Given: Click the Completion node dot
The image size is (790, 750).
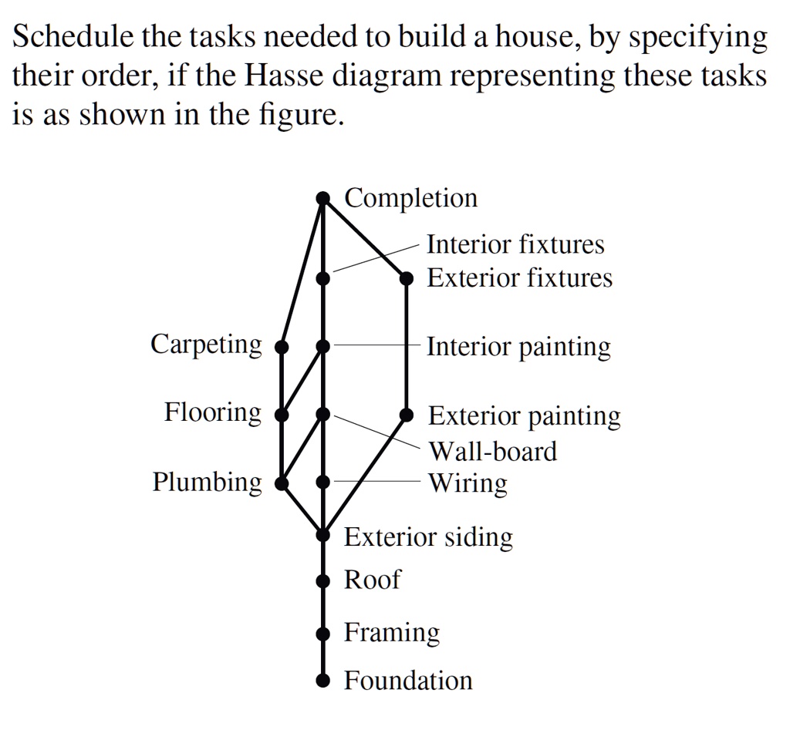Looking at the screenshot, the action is (323, 198).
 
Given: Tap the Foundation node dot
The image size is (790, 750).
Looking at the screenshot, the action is (323, 681).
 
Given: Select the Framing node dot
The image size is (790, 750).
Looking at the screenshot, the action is (323, 633).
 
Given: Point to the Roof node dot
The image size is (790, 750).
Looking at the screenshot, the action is (323, 581).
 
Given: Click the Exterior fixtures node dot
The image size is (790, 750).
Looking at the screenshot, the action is (407, 278).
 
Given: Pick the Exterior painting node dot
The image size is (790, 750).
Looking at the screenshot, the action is (407, 415).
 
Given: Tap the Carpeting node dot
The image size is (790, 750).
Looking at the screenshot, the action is (282, 346).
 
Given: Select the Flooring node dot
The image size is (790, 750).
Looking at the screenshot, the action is (282, 415).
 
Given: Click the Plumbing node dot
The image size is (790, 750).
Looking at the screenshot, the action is (282, 483).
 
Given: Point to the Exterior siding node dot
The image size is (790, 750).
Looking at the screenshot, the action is (323, 535).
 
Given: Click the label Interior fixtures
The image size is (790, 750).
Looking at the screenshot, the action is (515, 244).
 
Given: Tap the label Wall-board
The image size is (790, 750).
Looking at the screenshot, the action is (493, 451).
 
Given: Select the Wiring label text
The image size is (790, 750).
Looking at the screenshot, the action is (468, 484).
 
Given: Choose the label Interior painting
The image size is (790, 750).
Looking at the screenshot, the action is (518, 348).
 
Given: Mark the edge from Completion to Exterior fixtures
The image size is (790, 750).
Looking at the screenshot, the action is (365, 238).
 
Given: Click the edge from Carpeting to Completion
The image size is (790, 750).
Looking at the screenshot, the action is (302, 272).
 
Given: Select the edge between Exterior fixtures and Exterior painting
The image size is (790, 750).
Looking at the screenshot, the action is (407, 347).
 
